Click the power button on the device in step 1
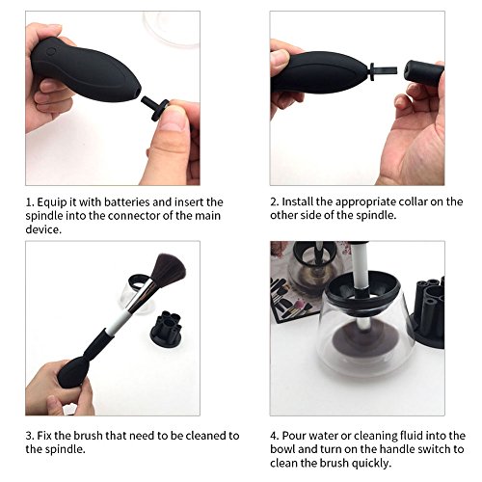pyautogui.click(x=51, y=51)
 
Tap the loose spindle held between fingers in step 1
pyautogui.click(x=155, y=107)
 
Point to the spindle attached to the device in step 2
pyautogui.click(x=383, y=70)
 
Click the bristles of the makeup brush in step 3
pyautogui.click(x=168, y=269)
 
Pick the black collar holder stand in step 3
pyautogui.click(x=166, y=327)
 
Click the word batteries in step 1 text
pyautogui.click(x=127, y=202)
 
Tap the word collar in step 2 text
pyautogui.click(x=413, y=201)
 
